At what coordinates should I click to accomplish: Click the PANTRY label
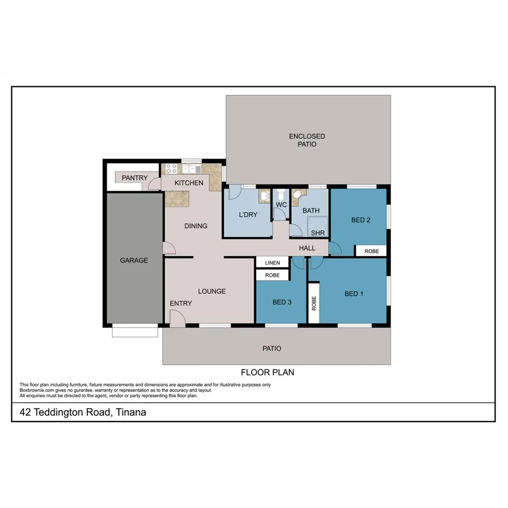[x=135, y=178]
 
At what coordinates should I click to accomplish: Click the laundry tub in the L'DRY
[x=264, y=196]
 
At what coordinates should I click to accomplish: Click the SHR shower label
[x=317, y=233]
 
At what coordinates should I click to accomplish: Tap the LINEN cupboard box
[x=272, y=263]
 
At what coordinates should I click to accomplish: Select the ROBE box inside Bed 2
[x=371, y=251]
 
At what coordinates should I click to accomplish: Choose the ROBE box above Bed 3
[x=272, y=275]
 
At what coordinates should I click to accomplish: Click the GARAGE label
[x=134, y=260]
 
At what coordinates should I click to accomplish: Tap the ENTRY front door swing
[x=177, y=319]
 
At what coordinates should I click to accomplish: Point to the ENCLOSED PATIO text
[x=307, y=140]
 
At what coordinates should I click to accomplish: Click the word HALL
[x=307, y=247]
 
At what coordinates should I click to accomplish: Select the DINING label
[x=196, y=226]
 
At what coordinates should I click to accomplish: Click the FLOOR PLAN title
[x=268, y=373]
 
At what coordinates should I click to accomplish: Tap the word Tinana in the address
[x=131, y=413]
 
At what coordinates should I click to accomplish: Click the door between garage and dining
[x=168, y=248]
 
